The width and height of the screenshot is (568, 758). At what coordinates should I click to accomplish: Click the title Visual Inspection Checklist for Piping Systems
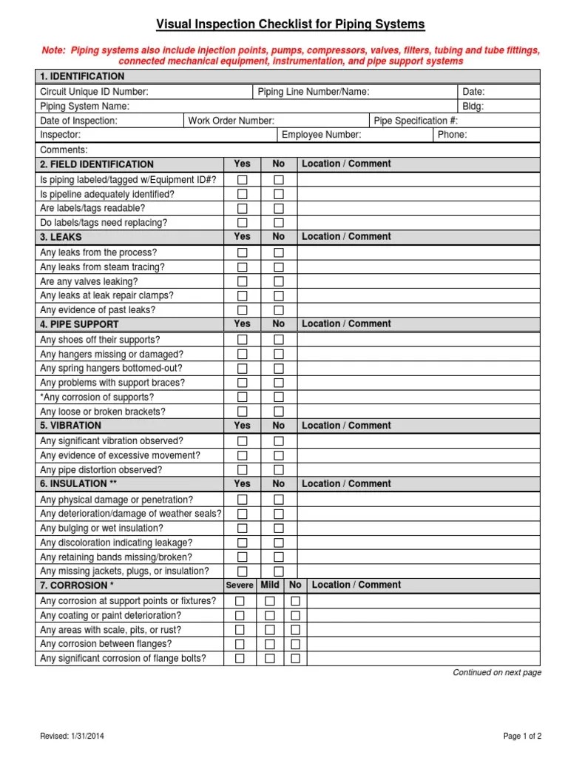(x=291, y=25)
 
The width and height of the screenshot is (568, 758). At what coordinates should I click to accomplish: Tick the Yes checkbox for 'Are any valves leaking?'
(x=243, y=282)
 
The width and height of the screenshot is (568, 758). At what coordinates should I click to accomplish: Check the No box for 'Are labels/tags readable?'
(x=279, y=209)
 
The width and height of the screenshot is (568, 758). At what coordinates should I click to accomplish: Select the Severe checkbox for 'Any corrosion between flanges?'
(x=240, y=645)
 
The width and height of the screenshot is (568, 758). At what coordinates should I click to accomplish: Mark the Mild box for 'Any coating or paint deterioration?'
(x=270, y=616)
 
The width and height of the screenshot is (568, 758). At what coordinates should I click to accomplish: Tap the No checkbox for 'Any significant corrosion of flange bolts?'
(x=295, y=659)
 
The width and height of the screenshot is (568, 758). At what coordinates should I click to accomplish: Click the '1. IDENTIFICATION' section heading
(x=82, y=77)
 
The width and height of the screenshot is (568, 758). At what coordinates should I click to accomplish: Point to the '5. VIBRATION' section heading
(x=71, y=426)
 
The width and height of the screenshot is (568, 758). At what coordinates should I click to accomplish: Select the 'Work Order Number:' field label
(x=231, y=121)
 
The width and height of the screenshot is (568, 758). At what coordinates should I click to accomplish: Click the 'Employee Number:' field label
(x=322, y=135)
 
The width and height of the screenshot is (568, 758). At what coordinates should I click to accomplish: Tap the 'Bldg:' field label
(x=473, y=107)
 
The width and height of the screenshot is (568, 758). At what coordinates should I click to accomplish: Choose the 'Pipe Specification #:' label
(x=416, y=121)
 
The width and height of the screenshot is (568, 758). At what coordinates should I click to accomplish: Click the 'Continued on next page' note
(x=497, y=673)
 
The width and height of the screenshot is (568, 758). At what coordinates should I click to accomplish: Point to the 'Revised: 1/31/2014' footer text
(x=72, y=736)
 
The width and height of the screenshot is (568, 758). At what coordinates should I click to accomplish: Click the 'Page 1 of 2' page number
(x=522, y=736)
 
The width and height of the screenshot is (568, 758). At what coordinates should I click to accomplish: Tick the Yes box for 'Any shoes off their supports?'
(x=243, y=340)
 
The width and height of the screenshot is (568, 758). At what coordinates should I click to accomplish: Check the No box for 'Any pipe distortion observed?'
(x=279, y=470)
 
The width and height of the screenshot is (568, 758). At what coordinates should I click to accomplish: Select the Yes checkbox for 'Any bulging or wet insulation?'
(x=243, y=529)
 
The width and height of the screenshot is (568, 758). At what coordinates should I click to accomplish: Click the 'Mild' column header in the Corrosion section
(x=270, y=586)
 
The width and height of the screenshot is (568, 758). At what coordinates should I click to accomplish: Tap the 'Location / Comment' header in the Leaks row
(x=346, y=237)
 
